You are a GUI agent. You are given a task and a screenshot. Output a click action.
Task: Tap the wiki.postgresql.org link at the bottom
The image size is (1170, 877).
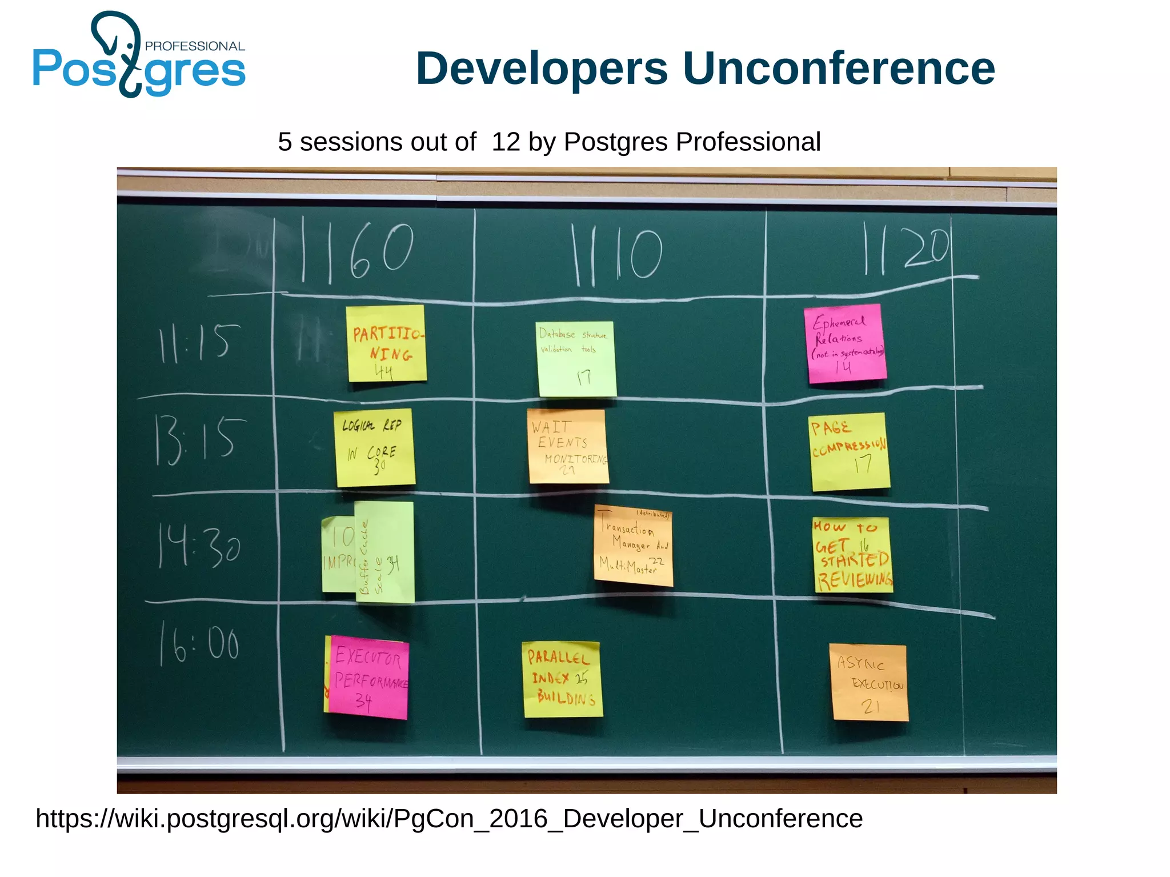point(449,818)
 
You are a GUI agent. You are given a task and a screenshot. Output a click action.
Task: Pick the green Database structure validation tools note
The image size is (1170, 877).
point(576,359)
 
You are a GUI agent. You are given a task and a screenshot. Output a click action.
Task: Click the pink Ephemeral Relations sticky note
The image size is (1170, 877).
point(845,343)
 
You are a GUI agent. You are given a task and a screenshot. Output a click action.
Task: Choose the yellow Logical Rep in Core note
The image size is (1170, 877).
point(374,447)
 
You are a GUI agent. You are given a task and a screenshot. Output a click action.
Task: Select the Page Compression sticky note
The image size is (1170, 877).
point(849,451)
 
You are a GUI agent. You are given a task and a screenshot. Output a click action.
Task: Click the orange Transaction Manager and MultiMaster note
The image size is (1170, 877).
point(633,546)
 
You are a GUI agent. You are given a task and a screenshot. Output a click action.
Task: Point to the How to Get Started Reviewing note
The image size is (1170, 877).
point(852,555)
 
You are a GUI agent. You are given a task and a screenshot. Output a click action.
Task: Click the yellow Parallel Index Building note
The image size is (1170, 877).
point(562,679)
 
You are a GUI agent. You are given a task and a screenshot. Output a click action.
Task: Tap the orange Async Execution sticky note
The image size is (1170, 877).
point(869,682)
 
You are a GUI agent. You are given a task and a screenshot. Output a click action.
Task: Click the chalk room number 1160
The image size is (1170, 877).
point(357,251)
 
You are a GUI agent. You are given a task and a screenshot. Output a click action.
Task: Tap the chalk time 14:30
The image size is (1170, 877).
point(199,547)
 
